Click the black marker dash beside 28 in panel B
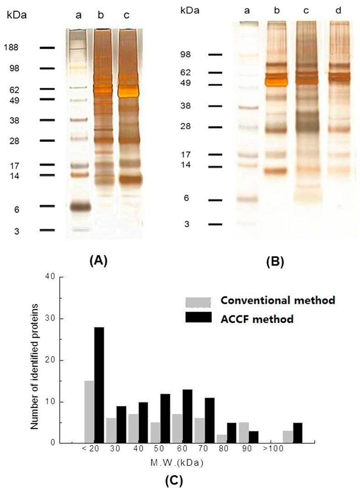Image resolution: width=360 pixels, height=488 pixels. pyautogui.click(x=215, y=127)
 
